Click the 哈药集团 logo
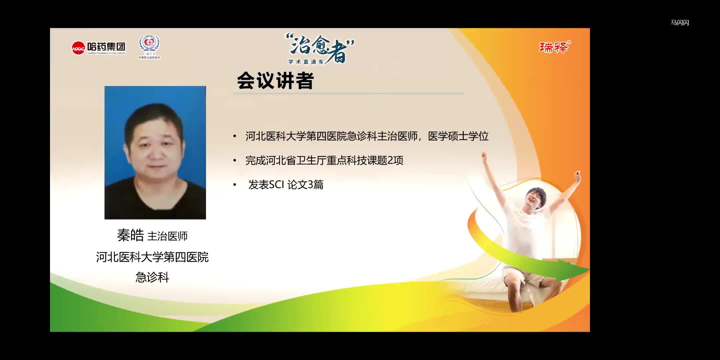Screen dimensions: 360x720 99,48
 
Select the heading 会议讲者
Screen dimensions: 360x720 275,81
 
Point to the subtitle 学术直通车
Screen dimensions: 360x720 306,62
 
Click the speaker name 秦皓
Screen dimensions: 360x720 130,235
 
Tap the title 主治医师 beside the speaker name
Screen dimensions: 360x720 167,236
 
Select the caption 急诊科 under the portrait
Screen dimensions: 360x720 152,277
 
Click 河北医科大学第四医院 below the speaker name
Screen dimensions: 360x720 152,257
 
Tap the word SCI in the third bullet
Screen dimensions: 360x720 276,185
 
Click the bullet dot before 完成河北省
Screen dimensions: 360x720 235,161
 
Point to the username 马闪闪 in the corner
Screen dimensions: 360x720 680,23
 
